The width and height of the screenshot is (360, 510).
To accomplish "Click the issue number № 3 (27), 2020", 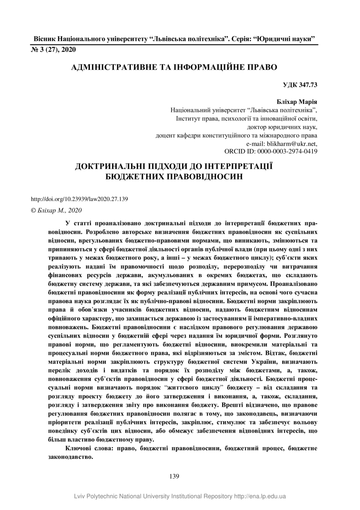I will click(x=53, y=50).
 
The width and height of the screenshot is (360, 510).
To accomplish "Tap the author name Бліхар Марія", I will click(x=298, y=102).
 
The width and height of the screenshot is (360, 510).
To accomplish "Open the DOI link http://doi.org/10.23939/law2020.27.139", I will click(x=80, y=199).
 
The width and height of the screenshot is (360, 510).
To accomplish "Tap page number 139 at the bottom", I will click(x=174, y=477).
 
